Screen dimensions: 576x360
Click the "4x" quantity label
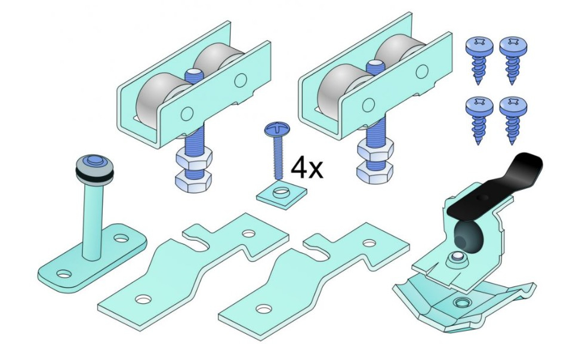pos(307,168)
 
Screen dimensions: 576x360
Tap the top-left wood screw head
pos(479,45)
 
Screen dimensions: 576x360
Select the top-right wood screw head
pos(513,45)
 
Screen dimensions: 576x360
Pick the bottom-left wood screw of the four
pos(479,121)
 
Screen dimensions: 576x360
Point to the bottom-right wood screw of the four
pos(513,121)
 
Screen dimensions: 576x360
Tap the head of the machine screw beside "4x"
pos(278,129)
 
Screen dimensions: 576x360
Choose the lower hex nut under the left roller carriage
pos(193,181)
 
